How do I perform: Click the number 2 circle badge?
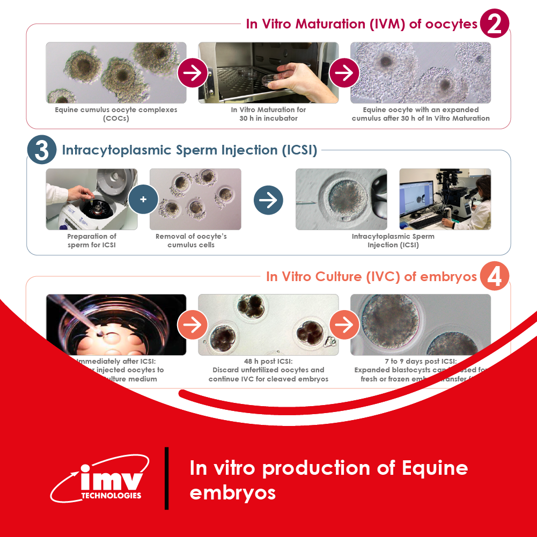[x=494, y=24]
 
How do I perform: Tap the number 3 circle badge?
[x=42, y=150]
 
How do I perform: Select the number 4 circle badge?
[x=494, y=277]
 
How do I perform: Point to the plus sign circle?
[x=143, y=199]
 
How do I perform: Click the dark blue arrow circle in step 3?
[x=268, y=200]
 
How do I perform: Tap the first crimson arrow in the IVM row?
[x=192, y=73]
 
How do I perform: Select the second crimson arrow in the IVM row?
[x=344, y=73]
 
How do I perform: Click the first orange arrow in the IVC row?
[x=192, y=325]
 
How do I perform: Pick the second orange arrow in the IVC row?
[x=344, y=325]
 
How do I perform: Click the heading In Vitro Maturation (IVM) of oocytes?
[x=361, y=24]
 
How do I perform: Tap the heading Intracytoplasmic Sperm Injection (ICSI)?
[x=189, y=150]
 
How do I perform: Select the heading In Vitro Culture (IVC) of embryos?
[x=371, y=277]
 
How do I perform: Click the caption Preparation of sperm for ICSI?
[x=91, y=240]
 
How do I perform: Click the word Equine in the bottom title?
[x=434, y=468]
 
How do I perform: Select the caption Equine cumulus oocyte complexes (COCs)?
[x=116, y=114]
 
